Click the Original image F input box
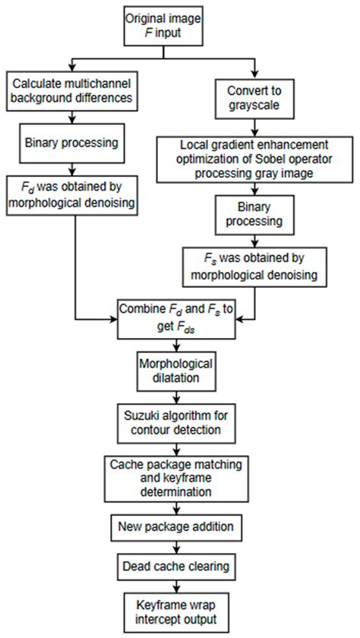pos(163,26)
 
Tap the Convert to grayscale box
pos(254,97)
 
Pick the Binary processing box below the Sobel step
pos(254,214)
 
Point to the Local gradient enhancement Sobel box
pos(254,156)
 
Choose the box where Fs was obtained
pos(254,267)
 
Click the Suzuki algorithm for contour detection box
pos(175,423)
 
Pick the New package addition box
pos(175,527)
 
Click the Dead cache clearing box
pos(175,566)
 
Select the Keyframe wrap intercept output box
pos(175,612)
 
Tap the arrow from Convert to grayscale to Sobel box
pos(254,127)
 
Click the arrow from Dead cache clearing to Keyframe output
pos(175,586)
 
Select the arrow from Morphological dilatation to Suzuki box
pos(175,397)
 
